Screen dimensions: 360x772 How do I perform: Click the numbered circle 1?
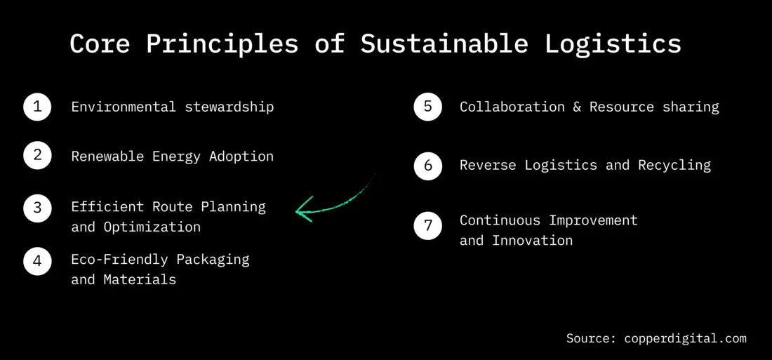(x=37, y=107)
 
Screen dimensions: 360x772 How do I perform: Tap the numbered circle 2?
(x=37, y=156)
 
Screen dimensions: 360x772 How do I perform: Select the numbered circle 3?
(x=37, y=208)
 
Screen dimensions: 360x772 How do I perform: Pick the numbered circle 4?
(x=37, y=261)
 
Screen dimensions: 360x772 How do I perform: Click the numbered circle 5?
(x=427, y=107)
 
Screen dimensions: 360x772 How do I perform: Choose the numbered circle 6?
(x=427, y=166)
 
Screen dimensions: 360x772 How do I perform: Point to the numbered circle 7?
(x=427, y=225)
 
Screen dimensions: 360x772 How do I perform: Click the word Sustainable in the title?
(x=444, y=44)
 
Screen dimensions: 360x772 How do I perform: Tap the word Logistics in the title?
(x=613, y=44)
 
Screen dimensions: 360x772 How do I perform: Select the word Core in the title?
(x=100, y=44)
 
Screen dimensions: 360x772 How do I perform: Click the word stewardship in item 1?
(x=229, y=107)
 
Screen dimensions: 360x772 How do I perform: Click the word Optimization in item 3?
(x=152, y=227)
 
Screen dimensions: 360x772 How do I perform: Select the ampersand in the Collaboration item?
(x=577, y=107)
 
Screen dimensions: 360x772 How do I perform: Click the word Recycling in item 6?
(x=674, y=165)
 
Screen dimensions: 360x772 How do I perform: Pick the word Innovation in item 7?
(x=532, y=240)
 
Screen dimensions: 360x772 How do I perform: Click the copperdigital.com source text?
(x=685, y=338)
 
